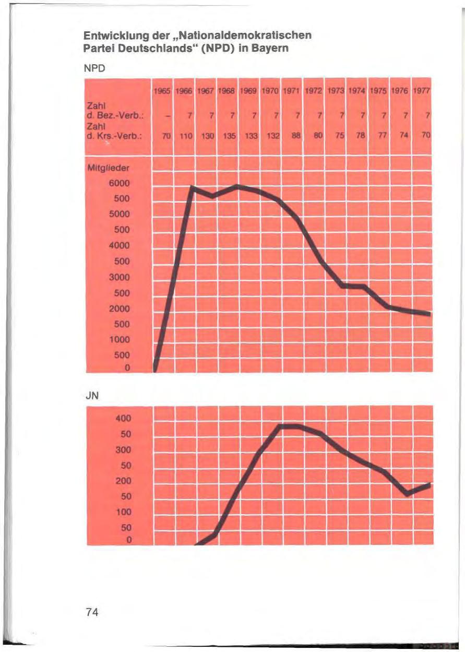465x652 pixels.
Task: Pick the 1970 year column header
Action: [272, 89]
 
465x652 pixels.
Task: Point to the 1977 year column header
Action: [423, 89]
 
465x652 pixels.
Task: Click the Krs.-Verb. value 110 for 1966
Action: [185, 134]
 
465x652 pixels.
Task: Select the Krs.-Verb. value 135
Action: [229, 134]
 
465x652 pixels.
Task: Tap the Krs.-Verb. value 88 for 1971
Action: [294, 134]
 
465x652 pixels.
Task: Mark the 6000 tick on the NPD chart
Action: [120, 183]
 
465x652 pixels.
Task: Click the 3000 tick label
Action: [120, 277]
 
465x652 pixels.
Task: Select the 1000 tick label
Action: [120, 339]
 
